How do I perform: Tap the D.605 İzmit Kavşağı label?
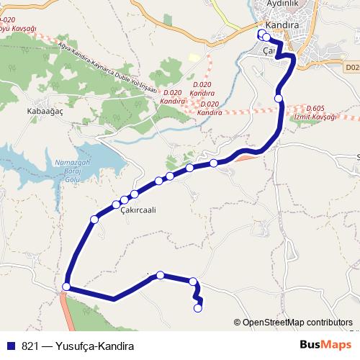click(320, 112)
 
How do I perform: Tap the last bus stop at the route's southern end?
click(198, 309)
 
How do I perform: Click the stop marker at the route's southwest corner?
click(66, 287)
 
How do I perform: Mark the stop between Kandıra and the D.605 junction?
click(279, 98)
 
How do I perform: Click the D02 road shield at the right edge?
click(351, 67)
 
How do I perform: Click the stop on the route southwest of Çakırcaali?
click(94, 219)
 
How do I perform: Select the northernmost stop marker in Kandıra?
click(261, 33)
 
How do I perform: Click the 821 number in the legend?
click(30, 346)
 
